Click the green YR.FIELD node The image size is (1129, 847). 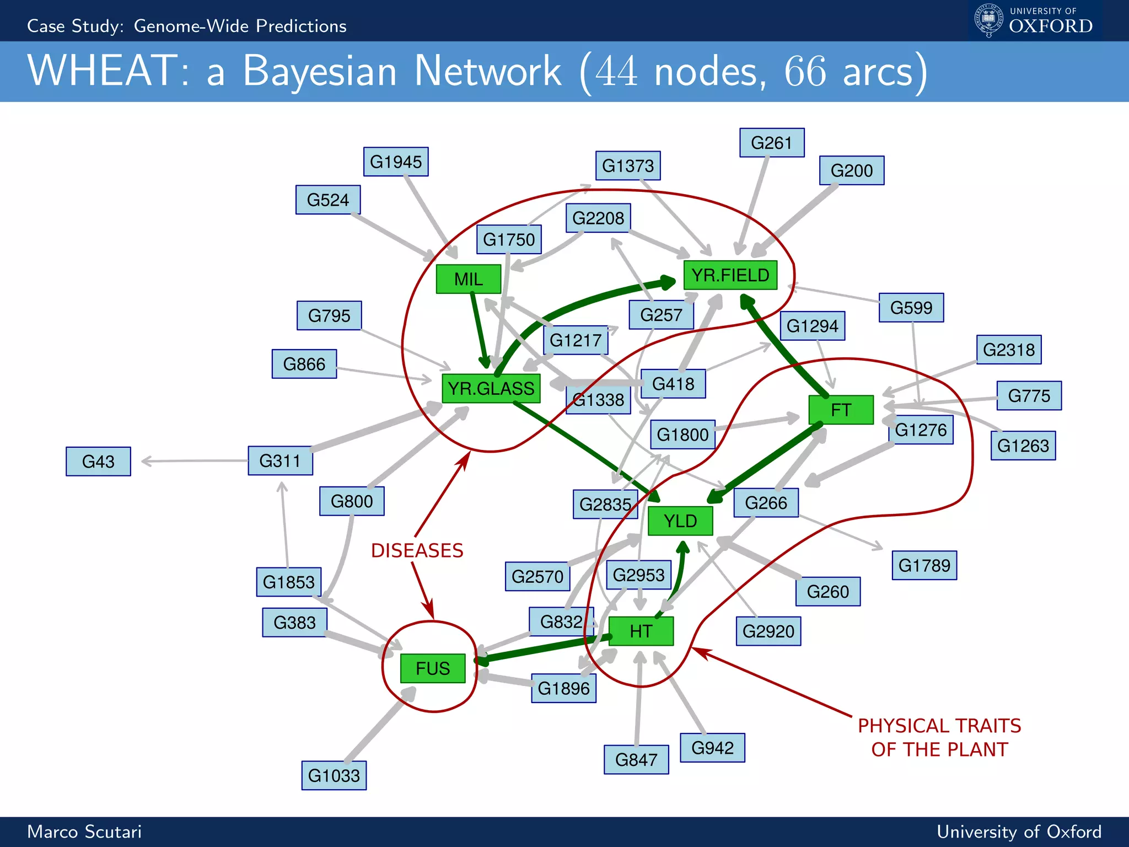730,275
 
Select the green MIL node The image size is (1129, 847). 468,279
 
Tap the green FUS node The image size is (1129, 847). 433,668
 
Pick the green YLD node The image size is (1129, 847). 680,521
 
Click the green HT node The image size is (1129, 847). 641,631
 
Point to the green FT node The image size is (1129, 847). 841,410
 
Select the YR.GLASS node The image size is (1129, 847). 491,388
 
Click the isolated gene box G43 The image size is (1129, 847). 98,461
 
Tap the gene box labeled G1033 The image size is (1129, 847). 334,775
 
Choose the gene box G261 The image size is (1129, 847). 771,143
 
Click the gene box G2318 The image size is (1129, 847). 1008,350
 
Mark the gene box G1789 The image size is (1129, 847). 924,565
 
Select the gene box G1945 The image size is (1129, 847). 395,162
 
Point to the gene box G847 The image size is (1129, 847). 636,759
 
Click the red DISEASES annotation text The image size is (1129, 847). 417,550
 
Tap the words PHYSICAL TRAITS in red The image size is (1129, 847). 939,726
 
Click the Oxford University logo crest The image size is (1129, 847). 988,20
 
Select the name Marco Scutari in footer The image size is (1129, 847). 84,832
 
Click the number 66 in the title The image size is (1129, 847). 805,72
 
